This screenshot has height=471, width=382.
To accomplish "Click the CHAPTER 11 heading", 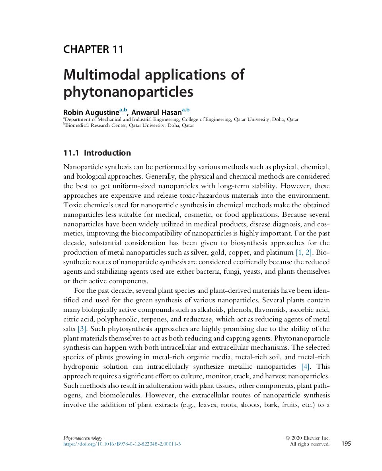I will pos(93,49).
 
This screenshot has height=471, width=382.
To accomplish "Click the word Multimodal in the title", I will pos(101,75).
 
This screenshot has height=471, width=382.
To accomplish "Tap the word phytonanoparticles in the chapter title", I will pos(128,92).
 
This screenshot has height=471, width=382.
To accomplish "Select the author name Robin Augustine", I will pos(91,112).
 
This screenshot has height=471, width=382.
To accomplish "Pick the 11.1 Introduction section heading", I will pos(97,153).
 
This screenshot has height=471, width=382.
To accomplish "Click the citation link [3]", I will pos(82,329).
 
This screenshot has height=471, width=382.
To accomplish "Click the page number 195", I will pos(346,444).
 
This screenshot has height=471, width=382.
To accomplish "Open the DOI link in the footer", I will pos(122,444).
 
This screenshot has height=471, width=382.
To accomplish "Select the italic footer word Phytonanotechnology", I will pos(83,438).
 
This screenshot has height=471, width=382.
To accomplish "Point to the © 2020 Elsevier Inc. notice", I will pos(307,438).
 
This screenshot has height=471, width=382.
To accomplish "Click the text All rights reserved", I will pos(309,444).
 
